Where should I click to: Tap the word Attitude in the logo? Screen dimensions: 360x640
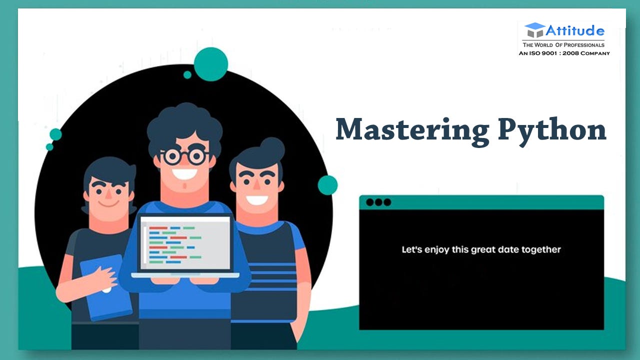point(575,31)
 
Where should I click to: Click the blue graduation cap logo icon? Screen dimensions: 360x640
point(534,30)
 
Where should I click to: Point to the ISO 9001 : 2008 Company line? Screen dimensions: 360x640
point(564,53)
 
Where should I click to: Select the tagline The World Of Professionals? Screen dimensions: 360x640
point(563,45)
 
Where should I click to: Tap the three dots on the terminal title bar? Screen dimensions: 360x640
point(378,202)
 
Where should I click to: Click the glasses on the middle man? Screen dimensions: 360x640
point(184,156)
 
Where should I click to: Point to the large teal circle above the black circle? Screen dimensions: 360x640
point(210,64)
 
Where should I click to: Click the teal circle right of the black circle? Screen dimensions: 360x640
point(327,185)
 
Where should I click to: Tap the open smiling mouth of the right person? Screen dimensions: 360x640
point(257,200)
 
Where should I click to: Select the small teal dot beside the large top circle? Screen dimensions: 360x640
point(187,75)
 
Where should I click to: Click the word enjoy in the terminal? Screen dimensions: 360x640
point(437,249)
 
